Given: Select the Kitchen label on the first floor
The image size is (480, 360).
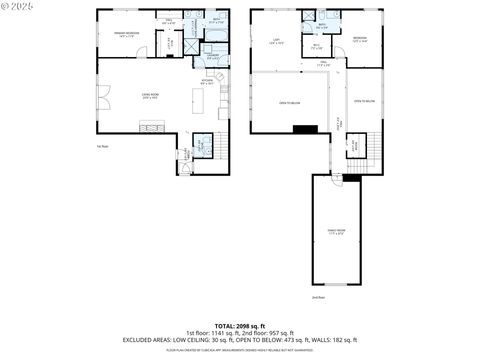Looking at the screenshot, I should coord(207,82).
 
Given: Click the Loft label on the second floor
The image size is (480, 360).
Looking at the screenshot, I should coord(276,41).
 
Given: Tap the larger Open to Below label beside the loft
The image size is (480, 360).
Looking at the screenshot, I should coord(291,102).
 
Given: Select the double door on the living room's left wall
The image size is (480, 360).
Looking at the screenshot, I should coord(101,98).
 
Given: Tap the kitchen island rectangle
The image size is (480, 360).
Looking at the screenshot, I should coord(155,126).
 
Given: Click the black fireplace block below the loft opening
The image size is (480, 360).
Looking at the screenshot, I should coord(306,128).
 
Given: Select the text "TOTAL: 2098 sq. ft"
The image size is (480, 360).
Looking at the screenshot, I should coord(239,326).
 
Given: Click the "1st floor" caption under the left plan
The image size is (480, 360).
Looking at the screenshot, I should coord(101,146).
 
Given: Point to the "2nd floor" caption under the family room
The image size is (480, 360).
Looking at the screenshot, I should coord(318,297).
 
